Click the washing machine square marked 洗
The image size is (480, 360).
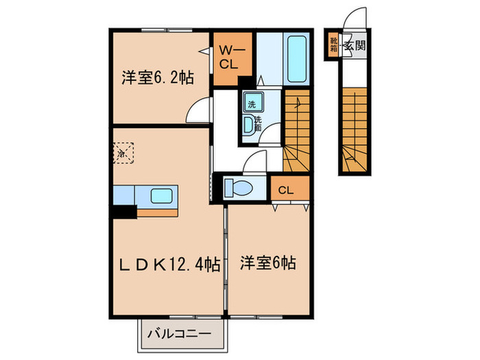click(251, 104)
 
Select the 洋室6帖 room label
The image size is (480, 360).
click(267, 263)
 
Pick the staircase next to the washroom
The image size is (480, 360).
click(297, 130)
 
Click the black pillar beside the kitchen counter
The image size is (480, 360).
click(124, 212)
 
